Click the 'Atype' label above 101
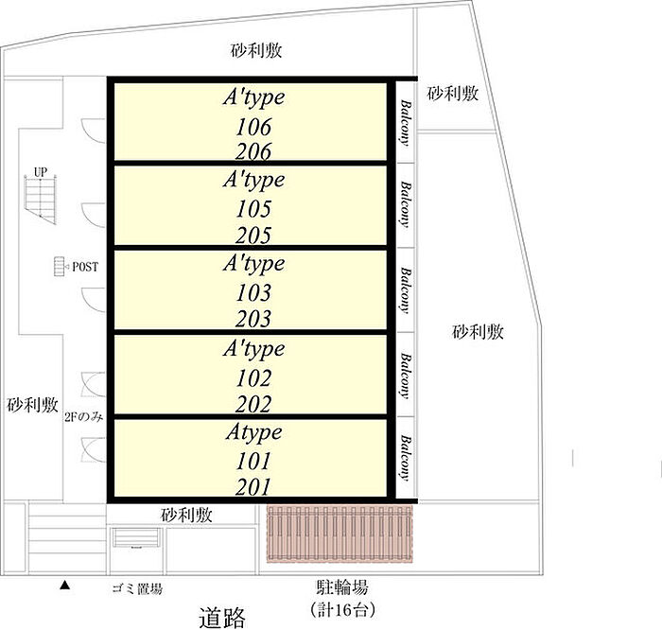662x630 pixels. click(253, 433)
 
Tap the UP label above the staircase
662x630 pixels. click(40, 172)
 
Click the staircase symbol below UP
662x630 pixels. click(40, 199)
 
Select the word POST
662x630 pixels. click(85, 268)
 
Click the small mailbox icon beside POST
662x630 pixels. click(59, 268)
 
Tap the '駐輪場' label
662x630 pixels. click(341, 587)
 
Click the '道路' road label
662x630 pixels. click(223, 618)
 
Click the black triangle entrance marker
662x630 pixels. click(64, 586)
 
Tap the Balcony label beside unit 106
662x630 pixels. click(405, 123)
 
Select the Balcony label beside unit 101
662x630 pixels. click(405, 457)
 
